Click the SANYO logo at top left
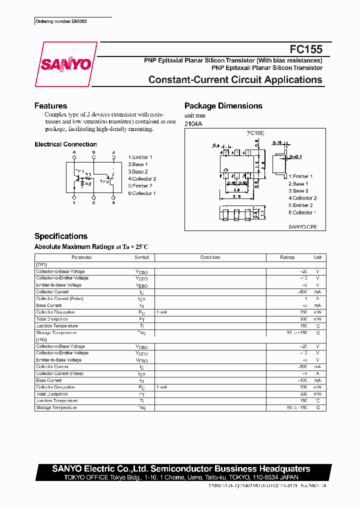tap(65, 64)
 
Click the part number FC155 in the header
tap(306, 50)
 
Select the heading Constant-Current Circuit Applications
tap(235, 80)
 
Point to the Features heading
tap(50, 106)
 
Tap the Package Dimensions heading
tap(223, 106)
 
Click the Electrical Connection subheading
tap(65, 144)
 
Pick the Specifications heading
tap(60, 236)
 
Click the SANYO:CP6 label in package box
tap(299, 226)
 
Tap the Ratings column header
tap(287, 257)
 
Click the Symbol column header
tap(141, 257)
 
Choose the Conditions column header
tap(210, 257)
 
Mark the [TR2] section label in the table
tap(41, 339)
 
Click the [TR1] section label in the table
tap(41, 264)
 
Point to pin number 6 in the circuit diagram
tap(74, 152)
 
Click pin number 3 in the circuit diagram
tap(113, 202)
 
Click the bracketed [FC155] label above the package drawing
tap(255, 133)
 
